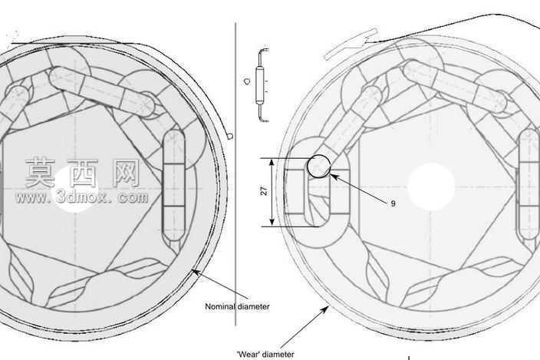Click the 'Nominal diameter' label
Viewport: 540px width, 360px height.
237,306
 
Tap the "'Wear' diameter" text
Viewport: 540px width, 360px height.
265,354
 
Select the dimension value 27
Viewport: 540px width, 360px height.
264,191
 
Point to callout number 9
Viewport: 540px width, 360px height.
393,203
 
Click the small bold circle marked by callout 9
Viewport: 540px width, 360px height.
318,167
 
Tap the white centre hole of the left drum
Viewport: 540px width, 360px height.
75,189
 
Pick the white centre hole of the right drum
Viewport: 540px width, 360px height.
431,187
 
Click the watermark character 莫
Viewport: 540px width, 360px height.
41,172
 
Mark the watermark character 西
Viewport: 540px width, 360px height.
84,172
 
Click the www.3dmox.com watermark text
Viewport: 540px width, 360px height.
82,197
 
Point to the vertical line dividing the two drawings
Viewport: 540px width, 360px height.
235,174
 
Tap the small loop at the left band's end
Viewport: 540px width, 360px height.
230,136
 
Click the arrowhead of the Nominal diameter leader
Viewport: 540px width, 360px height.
196,272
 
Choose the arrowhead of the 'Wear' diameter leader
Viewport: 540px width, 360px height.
324,309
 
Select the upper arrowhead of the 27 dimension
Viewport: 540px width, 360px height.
272,163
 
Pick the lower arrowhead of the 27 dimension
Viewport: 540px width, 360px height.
272,222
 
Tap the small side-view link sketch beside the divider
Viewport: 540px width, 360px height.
262,85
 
